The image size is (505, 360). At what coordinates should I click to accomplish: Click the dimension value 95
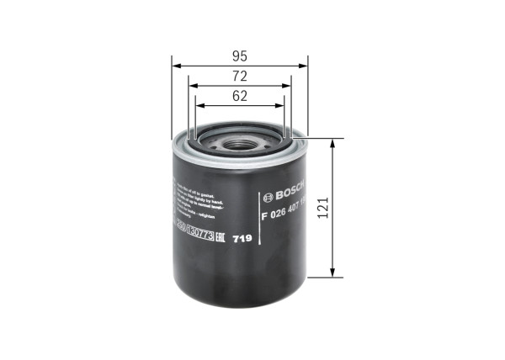coord(240,56)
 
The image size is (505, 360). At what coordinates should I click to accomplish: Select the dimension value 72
coord(240,77)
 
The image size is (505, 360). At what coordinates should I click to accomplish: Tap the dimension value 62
coord(240,96)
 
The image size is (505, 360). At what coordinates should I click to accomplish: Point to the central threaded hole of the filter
coord(239,142)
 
